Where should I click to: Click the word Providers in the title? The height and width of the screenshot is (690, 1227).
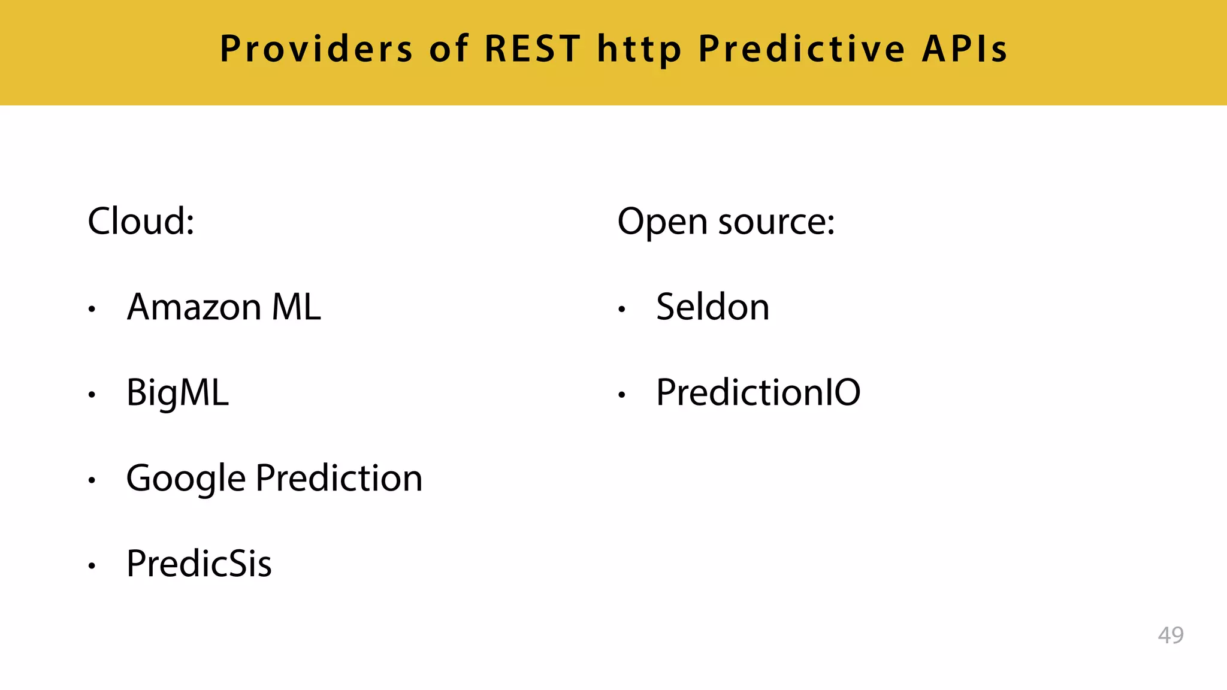(x=316, y=49)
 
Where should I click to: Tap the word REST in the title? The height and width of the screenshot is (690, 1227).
(x=532, y=49)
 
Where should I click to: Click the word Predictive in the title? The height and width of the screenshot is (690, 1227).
(x=802, y=49)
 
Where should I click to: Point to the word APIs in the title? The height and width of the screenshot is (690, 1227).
(x=965, y=49)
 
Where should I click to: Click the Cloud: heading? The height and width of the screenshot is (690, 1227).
(x=141, y=221)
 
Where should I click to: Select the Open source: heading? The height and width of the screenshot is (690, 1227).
(x=726, y=222)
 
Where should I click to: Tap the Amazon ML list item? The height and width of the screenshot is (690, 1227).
(x=223, y=307)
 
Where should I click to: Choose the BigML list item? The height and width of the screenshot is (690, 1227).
(x=177, y=394)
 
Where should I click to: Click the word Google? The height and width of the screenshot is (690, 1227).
(x=186, y=479)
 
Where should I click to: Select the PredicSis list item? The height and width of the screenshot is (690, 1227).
(x=199, y=564)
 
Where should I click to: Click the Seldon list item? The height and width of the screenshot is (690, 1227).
(x=712, y=307)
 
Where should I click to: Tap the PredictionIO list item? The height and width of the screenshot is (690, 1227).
(x=758, y=393)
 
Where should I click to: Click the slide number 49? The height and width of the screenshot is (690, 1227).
(x=1170, y=635)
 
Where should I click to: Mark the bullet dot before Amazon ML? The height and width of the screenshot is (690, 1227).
(x=92, y=310)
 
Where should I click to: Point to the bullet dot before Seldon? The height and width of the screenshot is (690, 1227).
(x=622, y=310)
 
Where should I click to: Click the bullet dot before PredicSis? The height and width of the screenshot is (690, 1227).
(x=92, y=566)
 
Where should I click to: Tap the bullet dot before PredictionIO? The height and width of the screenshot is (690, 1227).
(x=622, y=395)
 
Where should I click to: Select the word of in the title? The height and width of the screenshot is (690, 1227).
(x=448, y=49)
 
